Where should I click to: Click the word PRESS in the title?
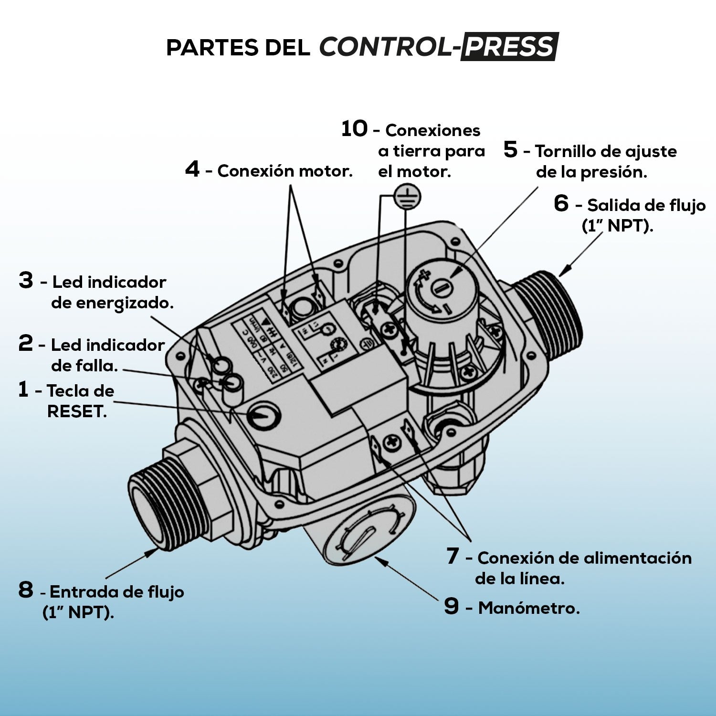point(509,47)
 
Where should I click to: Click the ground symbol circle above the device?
point(407,197)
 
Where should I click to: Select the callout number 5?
point(510,150)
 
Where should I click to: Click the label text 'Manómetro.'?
point(529,608)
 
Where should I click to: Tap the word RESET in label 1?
point(76,411)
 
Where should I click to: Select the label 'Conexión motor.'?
point(284,171)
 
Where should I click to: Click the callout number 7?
point(453,556)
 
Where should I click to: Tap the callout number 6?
point(561,203)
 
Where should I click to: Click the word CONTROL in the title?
point(384,47)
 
